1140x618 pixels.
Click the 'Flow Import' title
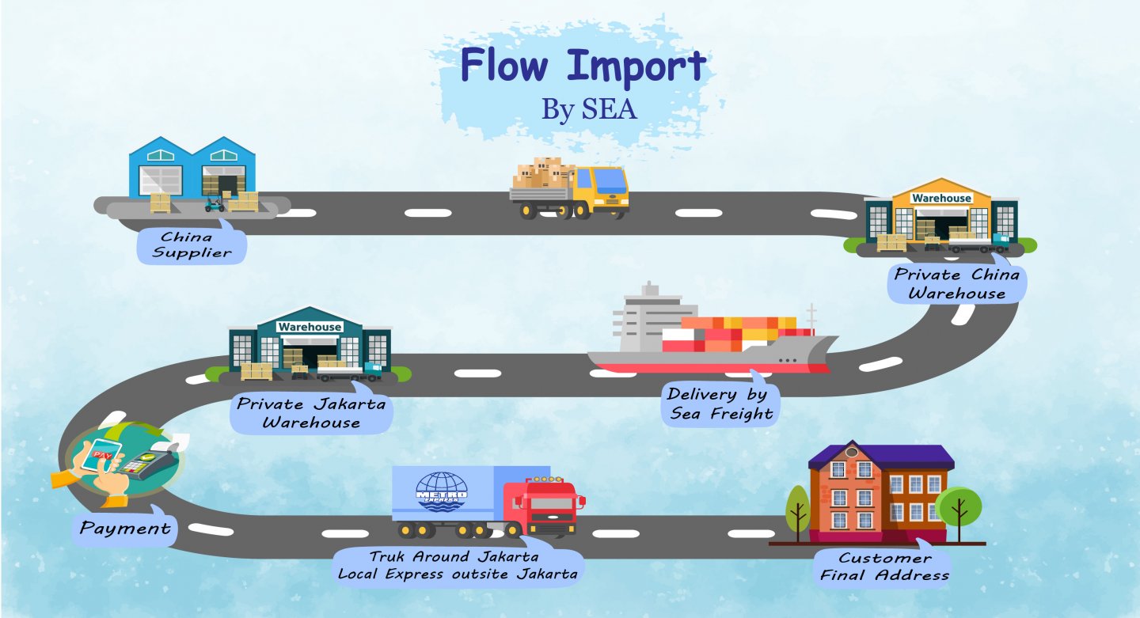[x=583, y=66]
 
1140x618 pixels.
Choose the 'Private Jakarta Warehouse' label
[x=311, y=412]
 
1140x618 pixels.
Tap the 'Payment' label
[x=125, y=528]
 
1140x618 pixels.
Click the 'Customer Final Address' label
[x=884, y=567]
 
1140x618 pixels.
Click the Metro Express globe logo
[x=442, y=491]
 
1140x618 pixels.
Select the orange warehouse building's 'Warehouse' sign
[x=941, y=198]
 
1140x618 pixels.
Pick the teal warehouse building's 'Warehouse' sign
[x=310, y=326]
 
